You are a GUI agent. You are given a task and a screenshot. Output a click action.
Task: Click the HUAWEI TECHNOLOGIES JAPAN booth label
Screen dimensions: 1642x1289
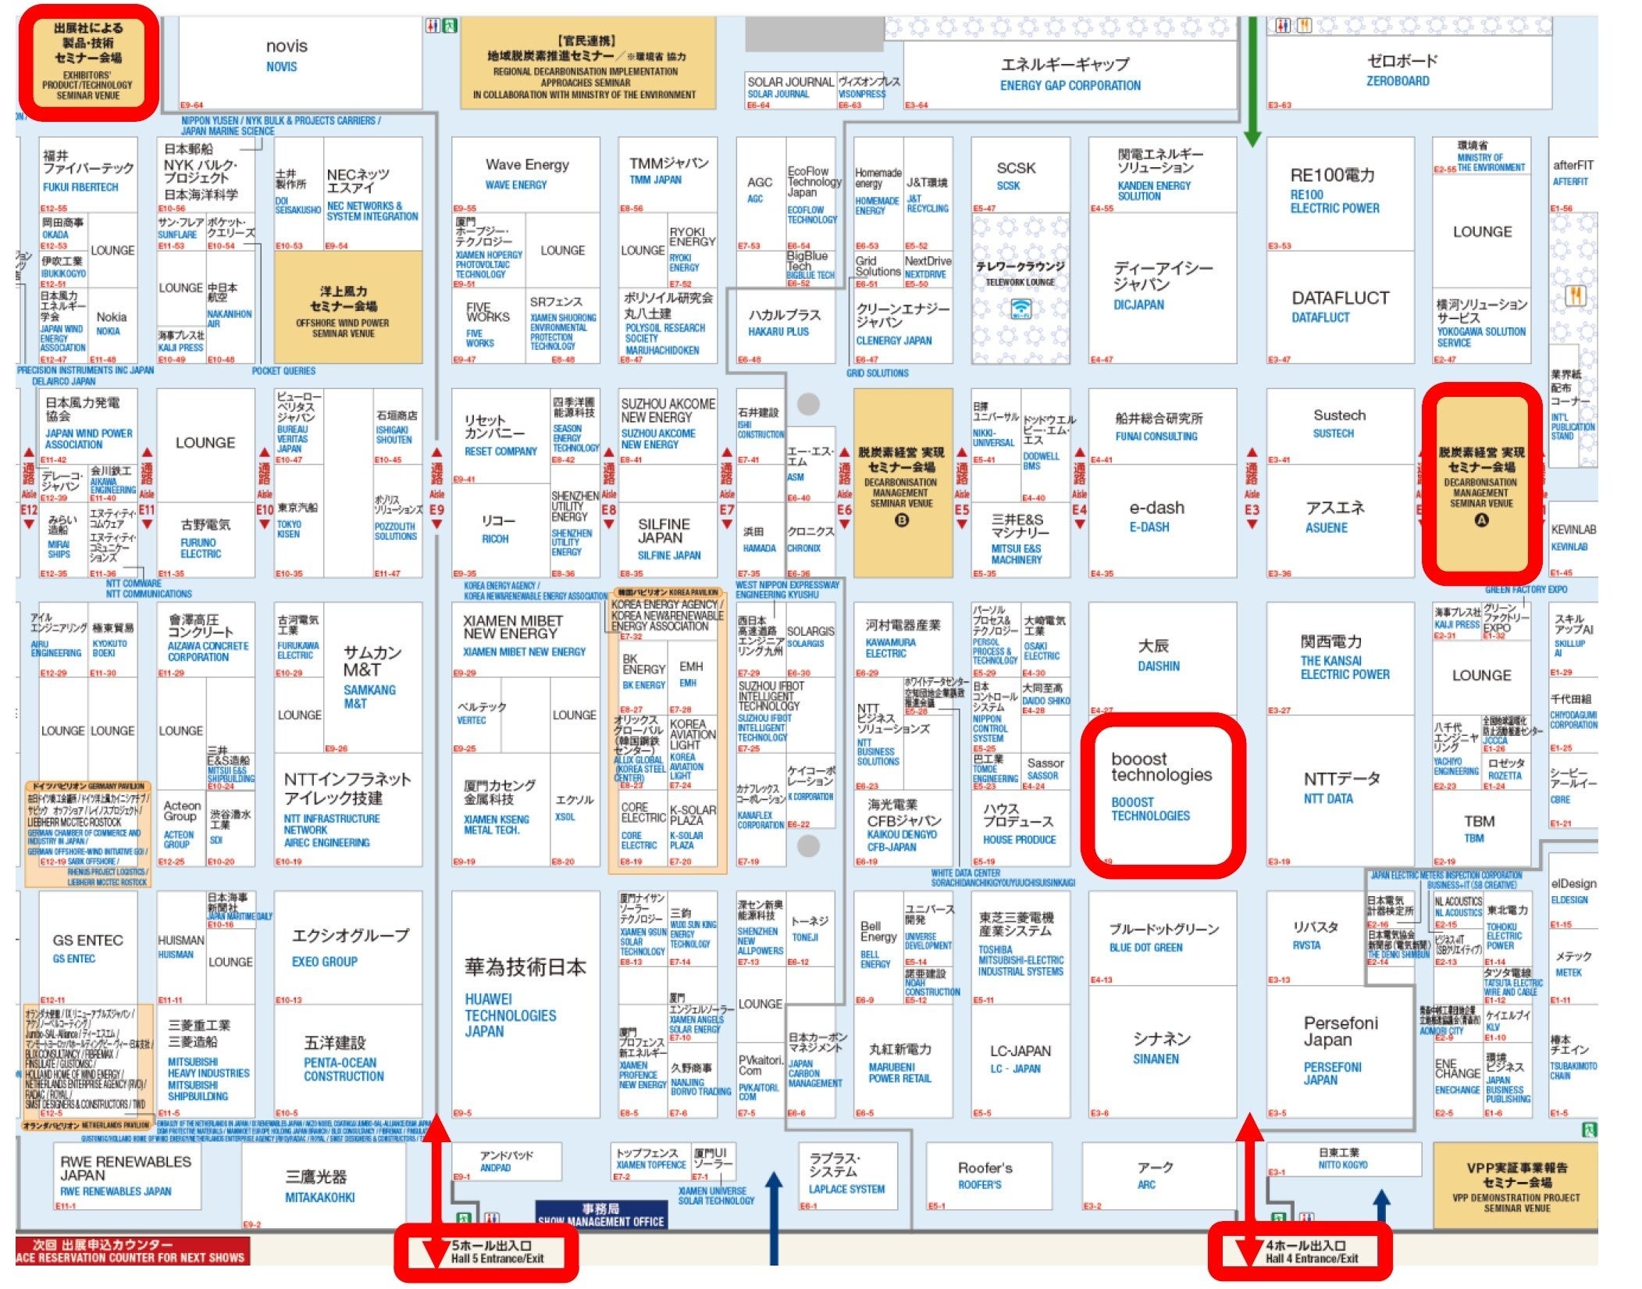511,1015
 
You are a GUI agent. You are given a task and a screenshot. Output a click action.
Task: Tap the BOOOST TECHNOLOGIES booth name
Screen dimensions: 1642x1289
1151,809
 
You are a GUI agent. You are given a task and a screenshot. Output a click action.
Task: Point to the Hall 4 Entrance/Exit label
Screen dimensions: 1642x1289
1311,1252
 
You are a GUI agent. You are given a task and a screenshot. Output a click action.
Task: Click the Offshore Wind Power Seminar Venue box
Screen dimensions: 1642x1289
344,309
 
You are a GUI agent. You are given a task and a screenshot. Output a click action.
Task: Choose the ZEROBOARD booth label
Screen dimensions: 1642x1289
1398,80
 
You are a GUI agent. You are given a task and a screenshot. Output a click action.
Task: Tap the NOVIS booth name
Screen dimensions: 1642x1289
282,66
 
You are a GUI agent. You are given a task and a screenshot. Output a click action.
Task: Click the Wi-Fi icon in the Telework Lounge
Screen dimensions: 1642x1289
1020,309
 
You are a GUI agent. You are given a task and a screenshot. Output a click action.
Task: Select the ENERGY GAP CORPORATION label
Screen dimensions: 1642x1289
1070,85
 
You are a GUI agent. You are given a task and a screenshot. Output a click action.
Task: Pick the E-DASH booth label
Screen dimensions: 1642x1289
1149,527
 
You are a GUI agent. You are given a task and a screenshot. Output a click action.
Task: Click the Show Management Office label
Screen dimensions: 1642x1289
601,1216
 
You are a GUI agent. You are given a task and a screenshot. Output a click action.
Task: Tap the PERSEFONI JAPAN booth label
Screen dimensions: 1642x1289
1332,1073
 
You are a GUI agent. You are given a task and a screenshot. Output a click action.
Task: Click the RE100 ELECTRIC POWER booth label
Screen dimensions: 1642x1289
1334,202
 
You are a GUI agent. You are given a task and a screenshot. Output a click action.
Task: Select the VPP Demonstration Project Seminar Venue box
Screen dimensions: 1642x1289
1516,1187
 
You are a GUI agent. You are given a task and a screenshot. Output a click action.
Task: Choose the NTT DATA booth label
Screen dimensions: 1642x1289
1328,798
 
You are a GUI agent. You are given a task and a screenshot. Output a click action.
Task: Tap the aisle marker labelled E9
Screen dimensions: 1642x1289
436,510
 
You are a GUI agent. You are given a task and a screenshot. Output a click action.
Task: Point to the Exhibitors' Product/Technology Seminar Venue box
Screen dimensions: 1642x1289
87,62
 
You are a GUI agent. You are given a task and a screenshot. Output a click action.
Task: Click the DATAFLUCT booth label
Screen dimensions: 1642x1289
1320,317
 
